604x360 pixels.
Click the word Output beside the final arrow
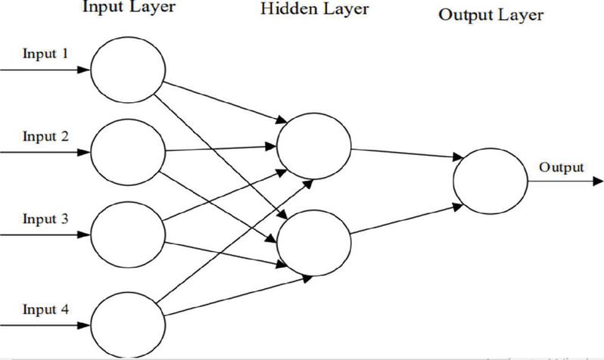coord(562,167)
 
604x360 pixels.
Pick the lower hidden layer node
coord(314,243)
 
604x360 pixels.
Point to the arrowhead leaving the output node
coord(597,181)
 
